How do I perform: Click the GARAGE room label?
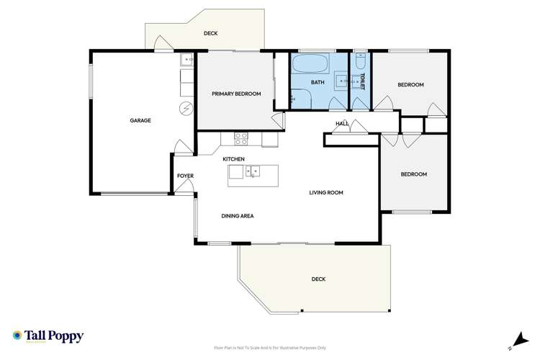click(140, 120)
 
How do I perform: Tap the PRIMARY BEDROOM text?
click(236, 94)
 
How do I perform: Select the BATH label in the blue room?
click(318, 83)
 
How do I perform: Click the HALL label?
click(342, 124)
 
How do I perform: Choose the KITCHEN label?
click(234, 158)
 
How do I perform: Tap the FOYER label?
click(186, 176)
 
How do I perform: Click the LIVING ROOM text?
click(325, 192)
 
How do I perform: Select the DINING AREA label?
click(237, 215)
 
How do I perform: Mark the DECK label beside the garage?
click(210, 33)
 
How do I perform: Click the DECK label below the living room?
click(318, 279)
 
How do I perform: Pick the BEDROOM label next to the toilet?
click(410, 85)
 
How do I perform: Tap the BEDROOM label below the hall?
click(413, 174)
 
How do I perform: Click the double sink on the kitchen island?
click(253, 171)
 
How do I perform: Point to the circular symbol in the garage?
click(186, 108)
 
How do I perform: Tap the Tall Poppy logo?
click(48, 336)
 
